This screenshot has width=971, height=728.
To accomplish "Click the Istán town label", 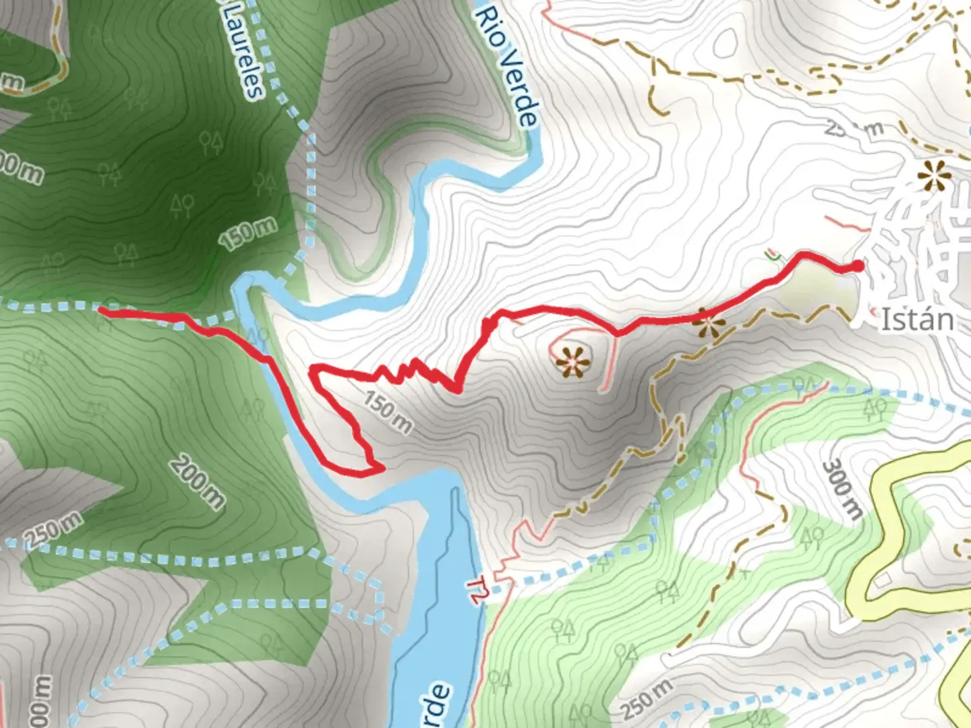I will pyautogui.click(x=917, y=320).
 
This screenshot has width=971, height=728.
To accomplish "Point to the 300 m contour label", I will pyautogui.click(x=843, y=489).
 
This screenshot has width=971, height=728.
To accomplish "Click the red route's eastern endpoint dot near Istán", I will pyautogui.click(x=857, y=266).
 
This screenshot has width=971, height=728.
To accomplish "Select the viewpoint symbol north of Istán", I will pyautogui.click(x=934, y=176).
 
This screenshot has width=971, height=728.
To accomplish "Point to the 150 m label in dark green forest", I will pyautogui.click(x=247, y=233).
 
